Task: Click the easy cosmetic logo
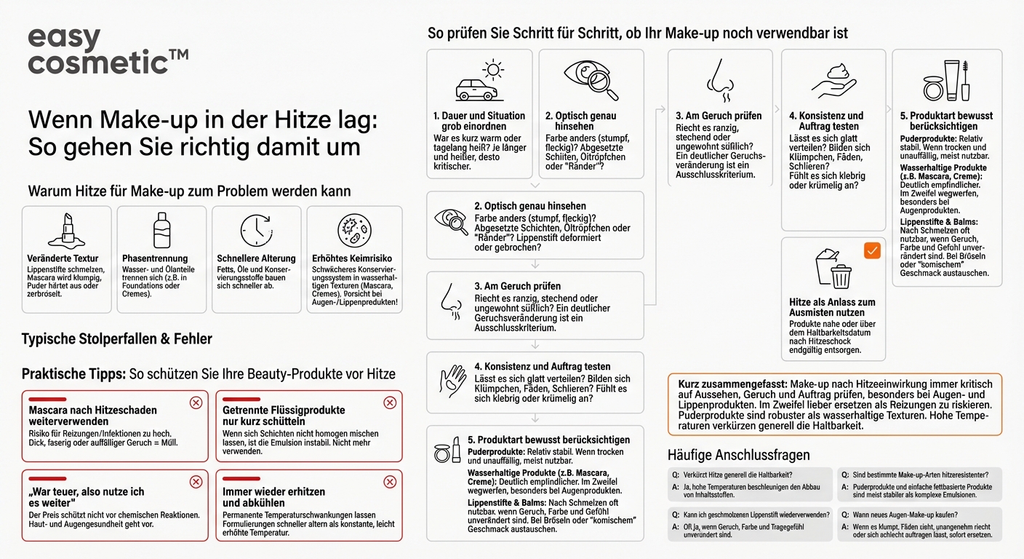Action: pyautogui.click(x=108, y=52)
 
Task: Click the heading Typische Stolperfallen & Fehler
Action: pyautogui.click(x=116, y=339)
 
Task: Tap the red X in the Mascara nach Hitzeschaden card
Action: pyautogui.click(x=196, y=403)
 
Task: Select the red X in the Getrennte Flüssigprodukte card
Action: pyautogui.click(x=390, y=403)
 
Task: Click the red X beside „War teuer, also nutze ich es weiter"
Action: pyautogui.click(x=196, y=482)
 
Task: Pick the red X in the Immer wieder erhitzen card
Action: pyautogui.click(x=390, y=482)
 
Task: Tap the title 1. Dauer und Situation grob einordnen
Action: pyautogui.click(x=479, y=121)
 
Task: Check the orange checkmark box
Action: pyautogui.click(x=871, y=251)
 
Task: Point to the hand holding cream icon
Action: pyautogui.click(x=833, y=81)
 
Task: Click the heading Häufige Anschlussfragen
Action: pyautogui.click(x=738, y=455)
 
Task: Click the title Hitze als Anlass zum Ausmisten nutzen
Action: pyautogui.click(x=832, y=307)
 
